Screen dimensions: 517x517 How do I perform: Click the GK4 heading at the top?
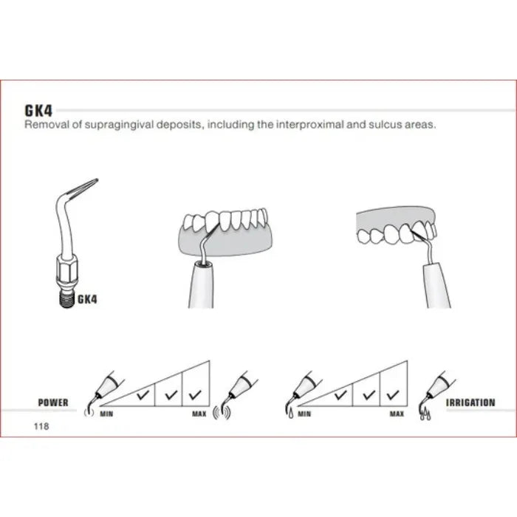[38, 111]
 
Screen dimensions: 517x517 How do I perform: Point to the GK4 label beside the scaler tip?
[87, 299]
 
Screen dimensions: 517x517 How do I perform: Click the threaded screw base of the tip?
[67, 298]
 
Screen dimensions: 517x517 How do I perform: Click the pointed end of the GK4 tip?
[97, 179]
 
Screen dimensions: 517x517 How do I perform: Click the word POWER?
[53, 403]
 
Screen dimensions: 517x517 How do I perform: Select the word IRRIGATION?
[470, 403]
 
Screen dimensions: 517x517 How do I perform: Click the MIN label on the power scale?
[106, 414]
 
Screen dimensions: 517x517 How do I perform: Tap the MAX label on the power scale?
[199, 414]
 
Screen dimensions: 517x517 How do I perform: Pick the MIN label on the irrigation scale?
[304, 414]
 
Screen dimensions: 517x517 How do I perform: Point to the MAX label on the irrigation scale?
[397, 414]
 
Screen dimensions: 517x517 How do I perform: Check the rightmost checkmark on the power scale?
[195, 394]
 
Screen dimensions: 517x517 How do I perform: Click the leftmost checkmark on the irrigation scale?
[340, 394]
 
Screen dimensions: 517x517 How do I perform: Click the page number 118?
[41, 426]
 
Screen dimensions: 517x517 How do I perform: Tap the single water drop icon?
[291, 414]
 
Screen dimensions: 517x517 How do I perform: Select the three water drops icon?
[425, 414]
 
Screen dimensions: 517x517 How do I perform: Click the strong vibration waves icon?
[222, 412]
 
